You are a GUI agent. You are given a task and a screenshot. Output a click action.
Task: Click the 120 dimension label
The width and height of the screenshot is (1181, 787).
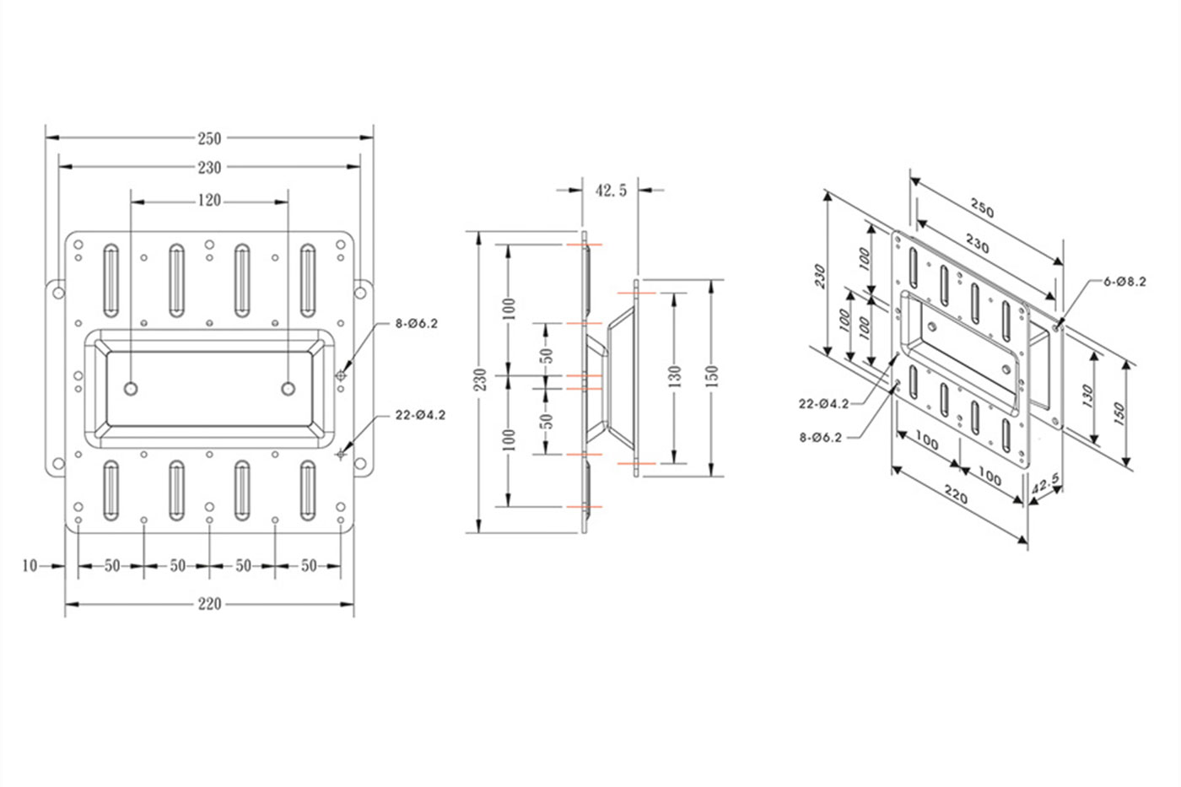[209, 201]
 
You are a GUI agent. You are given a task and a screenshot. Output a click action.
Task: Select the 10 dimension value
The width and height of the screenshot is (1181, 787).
[30, 566]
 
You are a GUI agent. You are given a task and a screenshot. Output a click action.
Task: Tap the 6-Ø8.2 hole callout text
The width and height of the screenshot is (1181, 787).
[1125, 282]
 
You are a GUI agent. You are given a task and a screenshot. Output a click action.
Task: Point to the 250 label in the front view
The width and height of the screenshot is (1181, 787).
[209, 138]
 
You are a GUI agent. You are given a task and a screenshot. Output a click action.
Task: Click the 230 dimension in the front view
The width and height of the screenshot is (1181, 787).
[209, 168]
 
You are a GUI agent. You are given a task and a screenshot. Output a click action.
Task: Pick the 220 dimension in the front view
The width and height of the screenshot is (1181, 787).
[209, 604]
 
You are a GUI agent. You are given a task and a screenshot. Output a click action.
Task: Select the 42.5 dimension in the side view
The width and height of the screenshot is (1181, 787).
[611, 191]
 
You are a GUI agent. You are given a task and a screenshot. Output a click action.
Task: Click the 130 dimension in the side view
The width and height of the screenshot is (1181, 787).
[674, 377]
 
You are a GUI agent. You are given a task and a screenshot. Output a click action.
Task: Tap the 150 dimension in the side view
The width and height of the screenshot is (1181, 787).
[711, 377]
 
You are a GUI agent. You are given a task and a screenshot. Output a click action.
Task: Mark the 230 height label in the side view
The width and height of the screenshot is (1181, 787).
[480, 380]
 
